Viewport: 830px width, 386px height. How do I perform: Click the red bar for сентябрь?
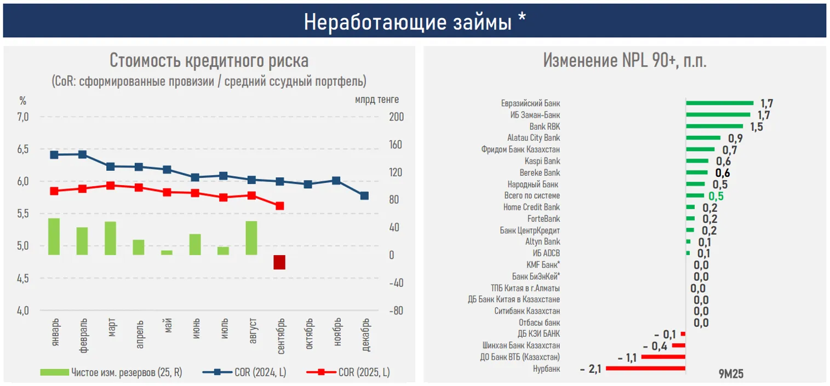279,262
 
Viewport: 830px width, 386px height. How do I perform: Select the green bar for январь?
54,237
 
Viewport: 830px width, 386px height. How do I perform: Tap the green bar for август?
251,238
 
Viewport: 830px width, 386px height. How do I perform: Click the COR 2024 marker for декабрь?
364,195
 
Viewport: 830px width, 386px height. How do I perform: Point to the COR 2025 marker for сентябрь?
279,206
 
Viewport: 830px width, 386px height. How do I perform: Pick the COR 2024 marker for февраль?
82,154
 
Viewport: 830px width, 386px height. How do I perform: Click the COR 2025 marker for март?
110,186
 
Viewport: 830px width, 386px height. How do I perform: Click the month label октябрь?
308,333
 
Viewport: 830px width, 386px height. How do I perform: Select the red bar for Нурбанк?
645,368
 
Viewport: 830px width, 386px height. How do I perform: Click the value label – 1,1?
627,358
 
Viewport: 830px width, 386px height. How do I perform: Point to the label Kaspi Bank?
542,161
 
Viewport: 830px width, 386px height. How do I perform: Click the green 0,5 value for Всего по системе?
716,196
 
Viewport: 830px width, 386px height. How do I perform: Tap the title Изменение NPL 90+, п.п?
625,60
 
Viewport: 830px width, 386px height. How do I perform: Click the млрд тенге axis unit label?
376,100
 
